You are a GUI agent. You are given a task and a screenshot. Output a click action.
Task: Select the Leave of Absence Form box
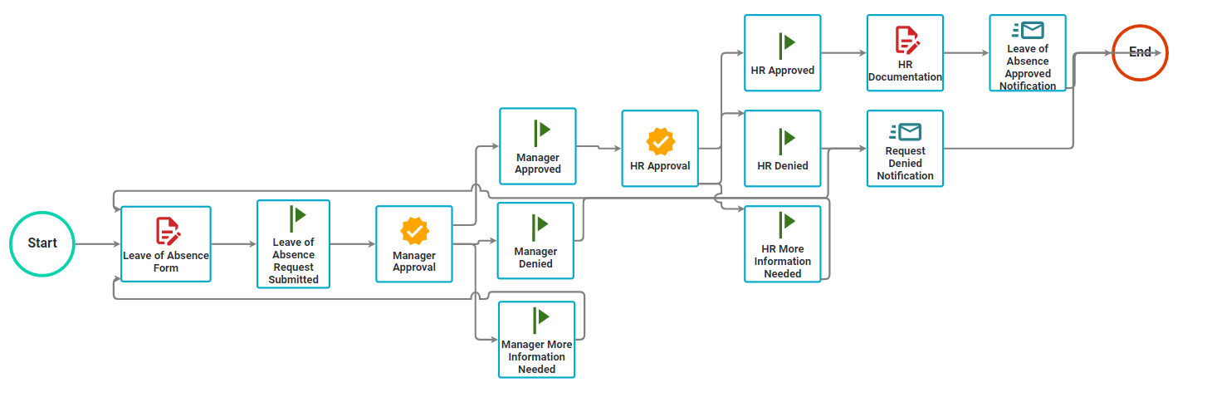[x=166, y=244]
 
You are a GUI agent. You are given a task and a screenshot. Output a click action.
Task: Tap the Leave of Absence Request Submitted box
[x=294, y=244]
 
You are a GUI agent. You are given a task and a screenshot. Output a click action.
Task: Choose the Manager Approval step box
[x=414, y=244]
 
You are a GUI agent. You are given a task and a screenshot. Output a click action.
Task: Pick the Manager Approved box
[x=538, y=146]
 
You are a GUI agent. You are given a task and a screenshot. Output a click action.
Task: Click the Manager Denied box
[x=535, y=241]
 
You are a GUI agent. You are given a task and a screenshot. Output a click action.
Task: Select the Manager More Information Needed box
[x=537, y=340]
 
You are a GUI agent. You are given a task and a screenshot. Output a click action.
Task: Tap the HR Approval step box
[x=660, y=149]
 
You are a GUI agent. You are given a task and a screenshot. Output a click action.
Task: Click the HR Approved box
[x=783, y=53]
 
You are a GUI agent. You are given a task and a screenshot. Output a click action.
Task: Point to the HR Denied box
[x=783, y=149]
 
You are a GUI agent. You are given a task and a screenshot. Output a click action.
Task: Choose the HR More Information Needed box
[x=783, y=244]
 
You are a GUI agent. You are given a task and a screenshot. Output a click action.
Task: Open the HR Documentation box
[x=905, y=53]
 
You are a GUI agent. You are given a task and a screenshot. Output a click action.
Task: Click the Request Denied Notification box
[x=905, y=149]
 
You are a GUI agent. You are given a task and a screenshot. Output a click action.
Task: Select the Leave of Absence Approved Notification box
[x=1028, y=53]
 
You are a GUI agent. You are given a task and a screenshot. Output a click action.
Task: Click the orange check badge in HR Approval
[x=661, y=141]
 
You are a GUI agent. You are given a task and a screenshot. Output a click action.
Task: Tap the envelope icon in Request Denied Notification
[x=906, y=132]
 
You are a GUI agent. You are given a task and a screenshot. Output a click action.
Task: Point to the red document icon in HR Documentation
[x=906, y=40]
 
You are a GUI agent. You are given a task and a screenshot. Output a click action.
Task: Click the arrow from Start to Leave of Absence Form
[x=97, y=244]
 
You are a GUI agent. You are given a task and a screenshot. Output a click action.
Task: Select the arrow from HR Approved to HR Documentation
[x=844, y=53]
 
